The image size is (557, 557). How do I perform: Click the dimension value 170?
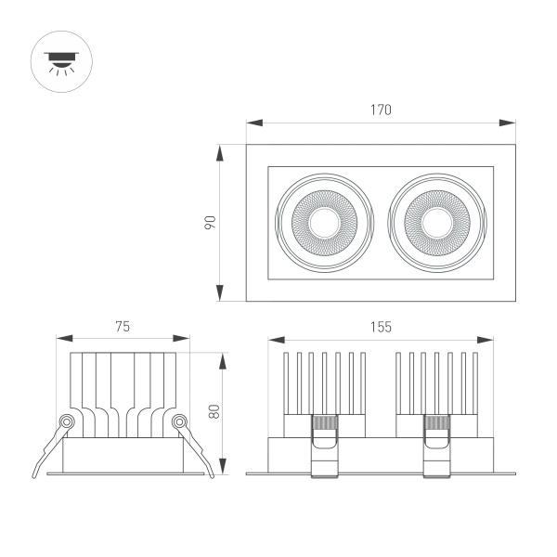[x=381, y=110]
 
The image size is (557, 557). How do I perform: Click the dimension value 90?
[x=210, y=223]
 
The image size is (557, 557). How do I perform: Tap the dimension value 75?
[x=122, y=326]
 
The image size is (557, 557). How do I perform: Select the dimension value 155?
[x=381, y=326]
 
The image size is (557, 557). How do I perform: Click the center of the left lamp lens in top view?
[x=324, y=223]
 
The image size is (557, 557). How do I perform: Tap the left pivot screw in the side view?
[x=66, y=422]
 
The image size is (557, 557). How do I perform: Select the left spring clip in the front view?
[x=324, y=446]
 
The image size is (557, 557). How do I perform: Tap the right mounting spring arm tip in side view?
[x=212, y=475]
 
